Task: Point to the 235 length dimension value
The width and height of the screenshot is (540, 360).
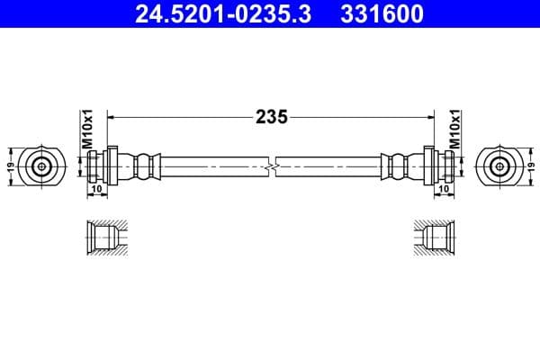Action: pyautogui.click(x=271, y=116)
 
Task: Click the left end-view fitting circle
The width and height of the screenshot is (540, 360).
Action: pyautogui.click(x=41, y=166)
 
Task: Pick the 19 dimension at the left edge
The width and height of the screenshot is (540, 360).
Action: pyautogui.click(x=10, y=166)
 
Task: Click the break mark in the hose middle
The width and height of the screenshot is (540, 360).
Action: pyautogui.click(x=271, y=166)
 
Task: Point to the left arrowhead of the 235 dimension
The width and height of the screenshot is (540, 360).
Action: pyautogui.click(x=112, y=116)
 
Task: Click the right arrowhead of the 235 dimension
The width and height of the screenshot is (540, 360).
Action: pyautogui.click(x=430, y=116)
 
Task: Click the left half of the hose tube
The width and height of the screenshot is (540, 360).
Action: pyautogui.click(x=211, y=166)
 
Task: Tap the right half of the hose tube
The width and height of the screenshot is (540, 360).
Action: pyautogui.click(x=328, y=166)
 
